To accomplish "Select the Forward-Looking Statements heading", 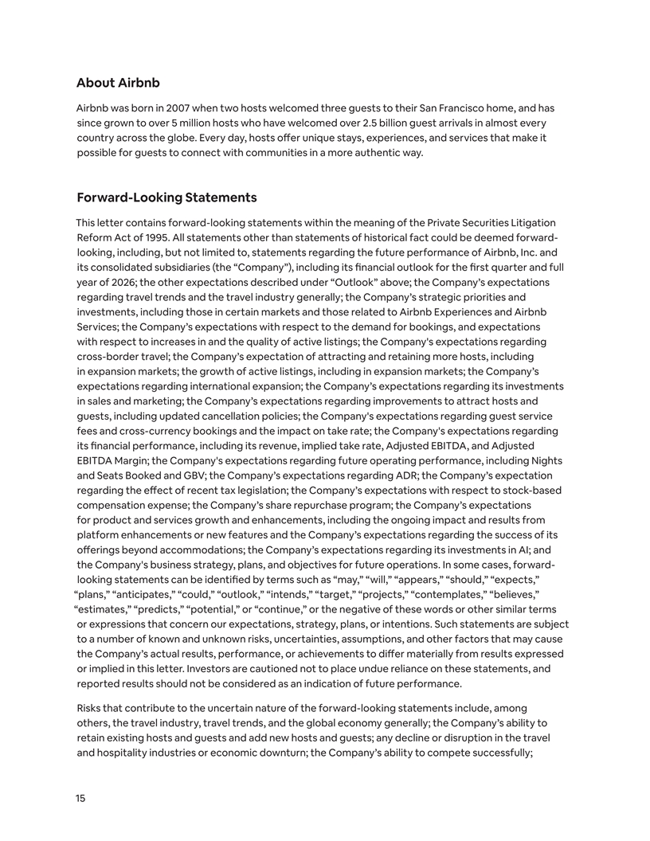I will pyautogui.click(x=166, y=197).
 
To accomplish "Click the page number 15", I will pyautogui.click(x=81, y=798).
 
